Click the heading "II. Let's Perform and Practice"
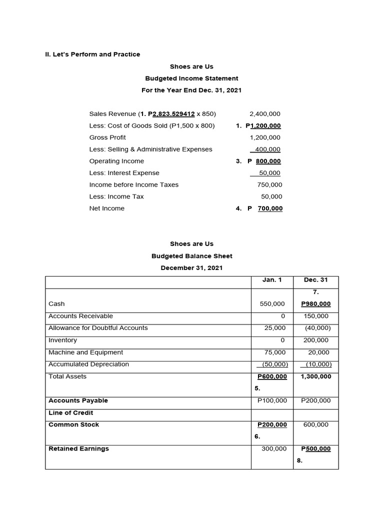tap(92, 54)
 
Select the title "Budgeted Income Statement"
tap(191, 78)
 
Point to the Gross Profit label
tap(107, 137)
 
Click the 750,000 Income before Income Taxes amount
tap(269, 184)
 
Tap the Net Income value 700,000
tap(270, 208)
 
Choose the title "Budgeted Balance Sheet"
tap(191, 256)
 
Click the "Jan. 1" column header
tap(272, 280)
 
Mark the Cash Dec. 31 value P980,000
tap(315, 303)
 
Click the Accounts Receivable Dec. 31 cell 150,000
tap(316, 316)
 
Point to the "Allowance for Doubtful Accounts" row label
tap(98, 328)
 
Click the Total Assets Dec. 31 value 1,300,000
tap(315, 376)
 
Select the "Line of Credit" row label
tap(70, 412)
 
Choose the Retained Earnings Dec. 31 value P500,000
tap(315, 448)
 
